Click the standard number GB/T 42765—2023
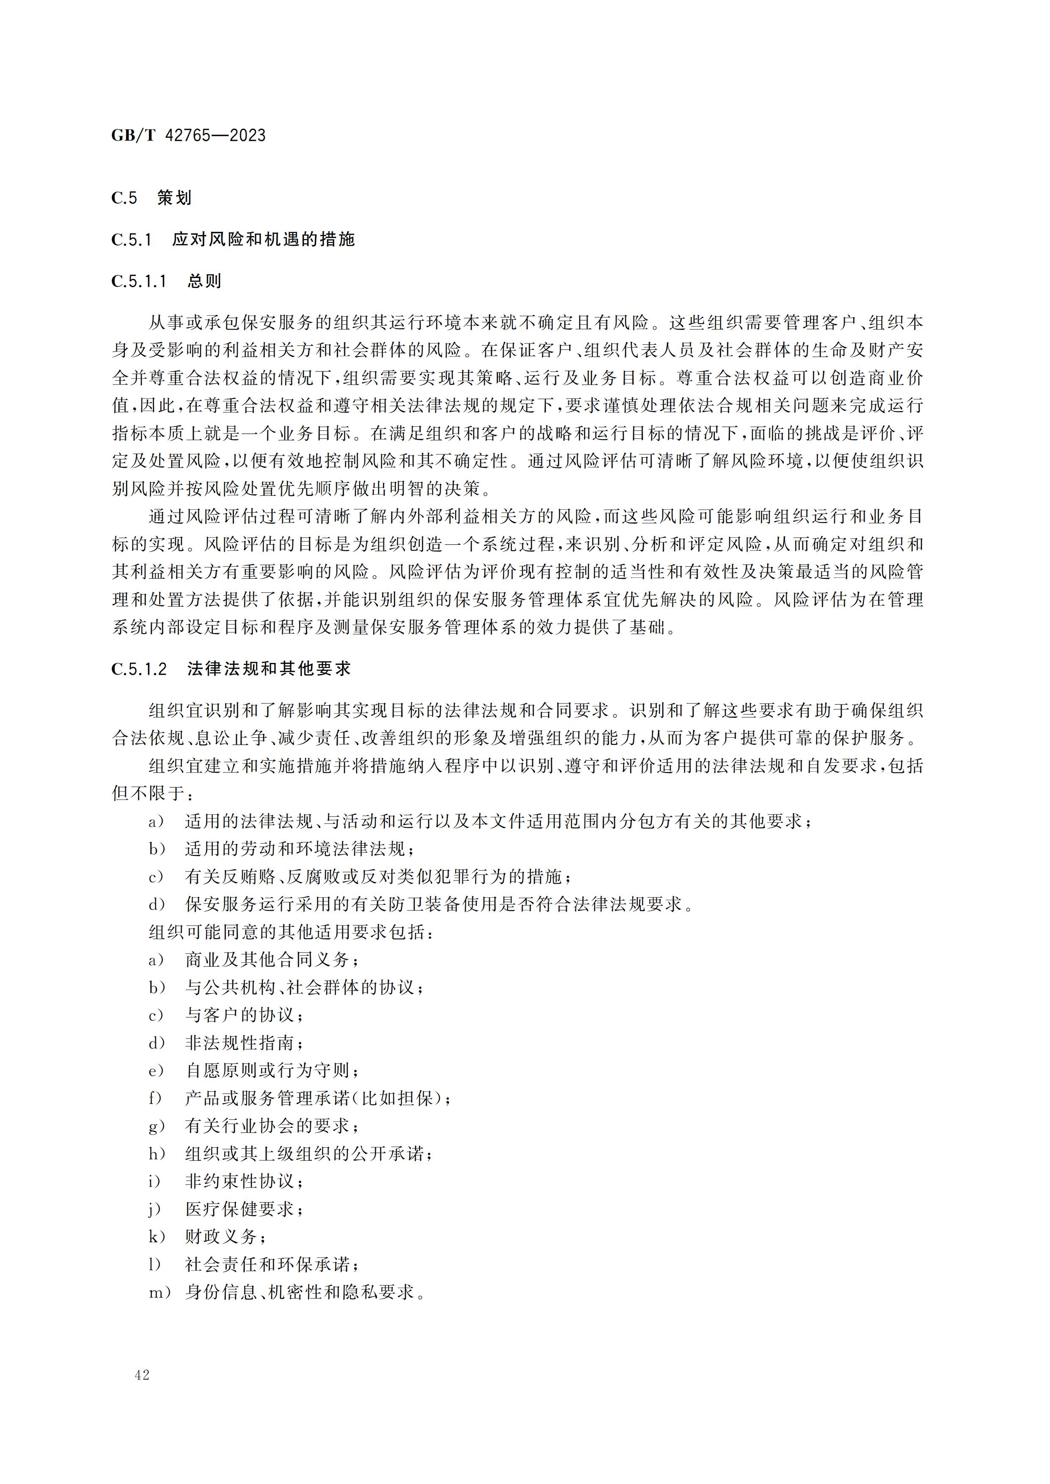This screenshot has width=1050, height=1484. tap(188, 135)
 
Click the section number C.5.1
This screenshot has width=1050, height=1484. tap(131, 240)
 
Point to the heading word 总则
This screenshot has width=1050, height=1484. tap(204, 281)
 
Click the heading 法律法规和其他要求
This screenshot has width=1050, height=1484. tap(269, 668)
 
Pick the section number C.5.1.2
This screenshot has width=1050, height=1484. tap(139, 668)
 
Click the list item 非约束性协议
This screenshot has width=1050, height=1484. tap(244, 1182)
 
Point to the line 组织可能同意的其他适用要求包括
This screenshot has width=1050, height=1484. tap(291, 932)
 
